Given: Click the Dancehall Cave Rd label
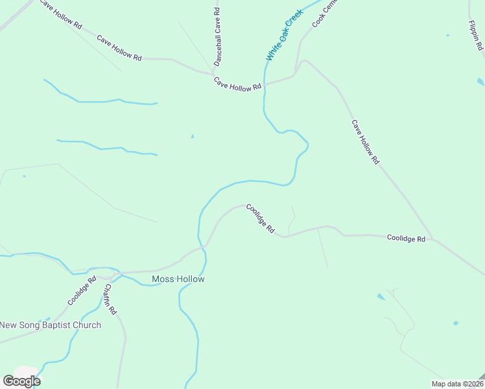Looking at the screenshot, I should click(218, 36).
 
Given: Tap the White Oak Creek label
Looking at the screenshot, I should click(284, 35).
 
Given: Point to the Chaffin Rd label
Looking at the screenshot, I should click(110, 299).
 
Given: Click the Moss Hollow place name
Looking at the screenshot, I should click(178, 279).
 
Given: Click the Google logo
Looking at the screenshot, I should click(21, 381).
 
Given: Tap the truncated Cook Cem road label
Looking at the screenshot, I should click(325, 13).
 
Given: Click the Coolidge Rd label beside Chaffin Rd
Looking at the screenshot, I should click(82, 291).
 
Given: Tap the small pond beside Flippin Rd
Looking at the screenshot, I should click(480, 82).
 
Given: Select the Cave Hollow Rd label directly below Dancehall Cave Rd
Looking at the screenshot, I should click(237, 84).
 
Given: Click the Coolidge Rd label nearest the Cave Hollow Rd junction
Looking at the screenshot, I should click(406, 239).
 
